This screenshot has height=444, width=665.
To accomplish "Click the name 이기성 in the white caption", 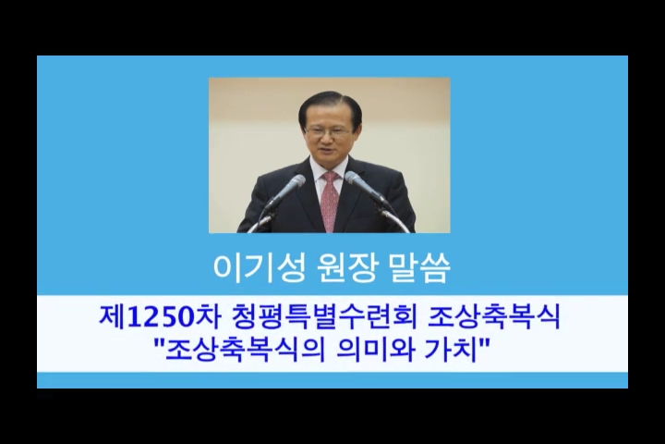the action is (x=259, y=268).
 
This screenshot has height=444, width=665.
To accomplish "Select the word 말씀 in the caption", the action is (x=418, y=268).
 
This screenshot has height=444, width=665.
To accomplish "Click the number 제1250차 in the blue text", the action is (x=159, y=317).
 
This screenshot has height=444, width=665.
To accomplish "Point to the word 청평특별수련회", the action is (x=324, y=317).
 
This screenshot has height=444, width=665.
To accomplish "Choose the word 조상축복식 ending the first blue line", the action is (x=493, y=317).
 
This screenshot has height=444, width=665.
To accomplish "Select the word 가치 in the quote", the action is (x=451, y=351).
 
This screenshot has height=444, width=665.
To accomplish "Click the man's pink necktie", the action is (x=330, y=200).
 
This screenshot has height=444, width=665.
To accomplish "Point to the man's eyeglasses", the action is (x=328, y=130).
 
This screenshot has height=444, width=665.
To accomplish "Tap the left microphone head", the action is (x=294, y=183).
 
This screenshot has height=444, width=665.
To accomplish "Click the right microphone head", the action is (x=356, y=180).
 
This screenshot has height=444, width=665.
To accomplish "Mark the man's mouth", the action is (x=329, y=152).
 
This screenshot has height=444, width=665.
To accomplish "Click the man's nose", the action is (x=328, y=140).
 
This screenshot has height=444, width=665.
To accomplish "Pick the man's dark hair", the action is (x=330, y=105).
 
